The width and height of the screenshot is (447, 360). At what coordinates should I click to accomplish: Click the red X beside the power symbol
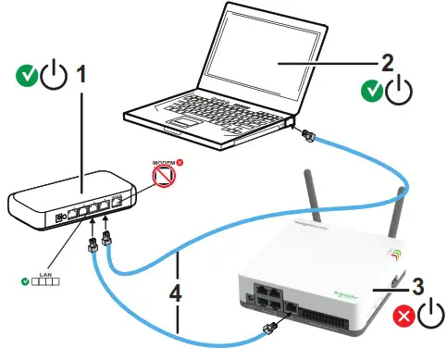404,317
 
